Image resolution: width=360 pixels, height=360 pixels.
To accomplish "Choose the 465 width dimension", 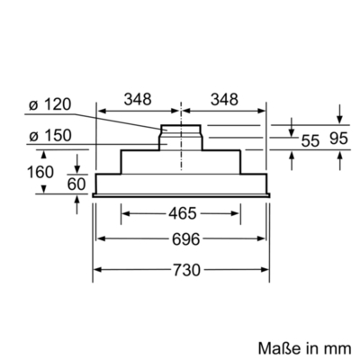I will (x=182, y=216).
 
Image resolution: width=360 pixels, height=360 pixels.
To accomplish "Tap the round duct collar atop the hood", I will (x=183, y=137).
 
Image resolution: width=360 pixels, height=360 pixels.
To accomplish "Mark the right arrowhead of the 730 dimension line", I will (x=268, y=268).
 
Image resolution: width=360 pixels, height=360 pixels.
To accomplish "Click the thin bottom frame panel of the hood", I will (x=183, y=191).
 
